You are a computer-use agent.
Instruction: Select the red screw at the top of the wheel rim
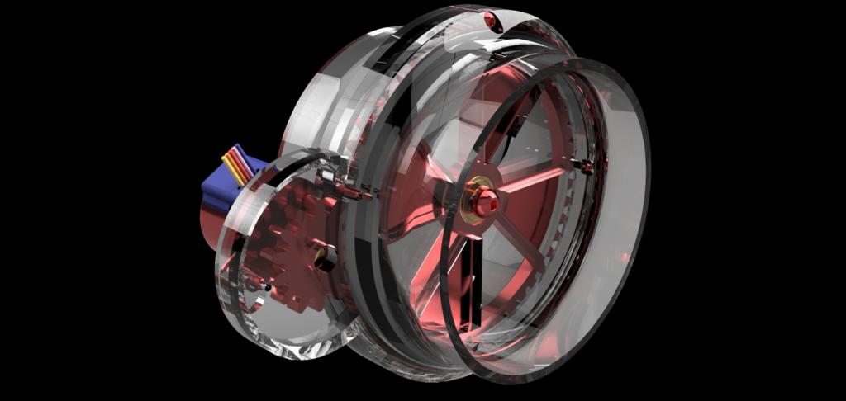[492, 20]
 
